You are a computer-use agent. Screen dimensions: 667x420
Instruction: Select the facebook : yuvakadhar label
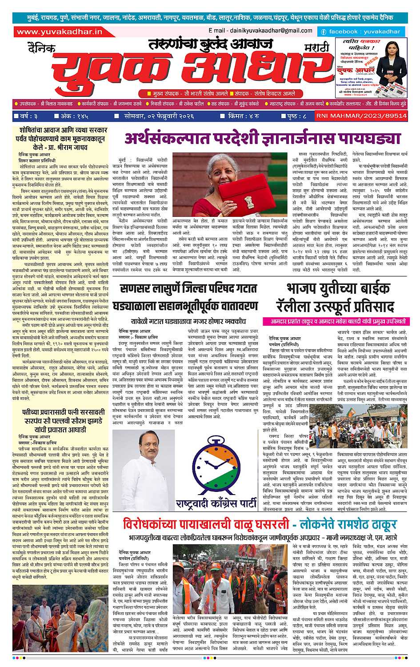[361, 32]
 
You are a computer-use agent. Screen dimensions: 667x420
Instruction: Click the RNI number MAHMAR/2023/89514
[361, 116]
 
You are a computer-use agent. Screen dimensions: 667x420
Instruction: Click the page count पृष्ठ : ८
[294, 116]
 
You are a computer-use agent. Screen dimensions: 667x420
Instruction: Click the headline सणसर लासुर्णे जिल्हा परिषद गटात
[189, 289]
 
